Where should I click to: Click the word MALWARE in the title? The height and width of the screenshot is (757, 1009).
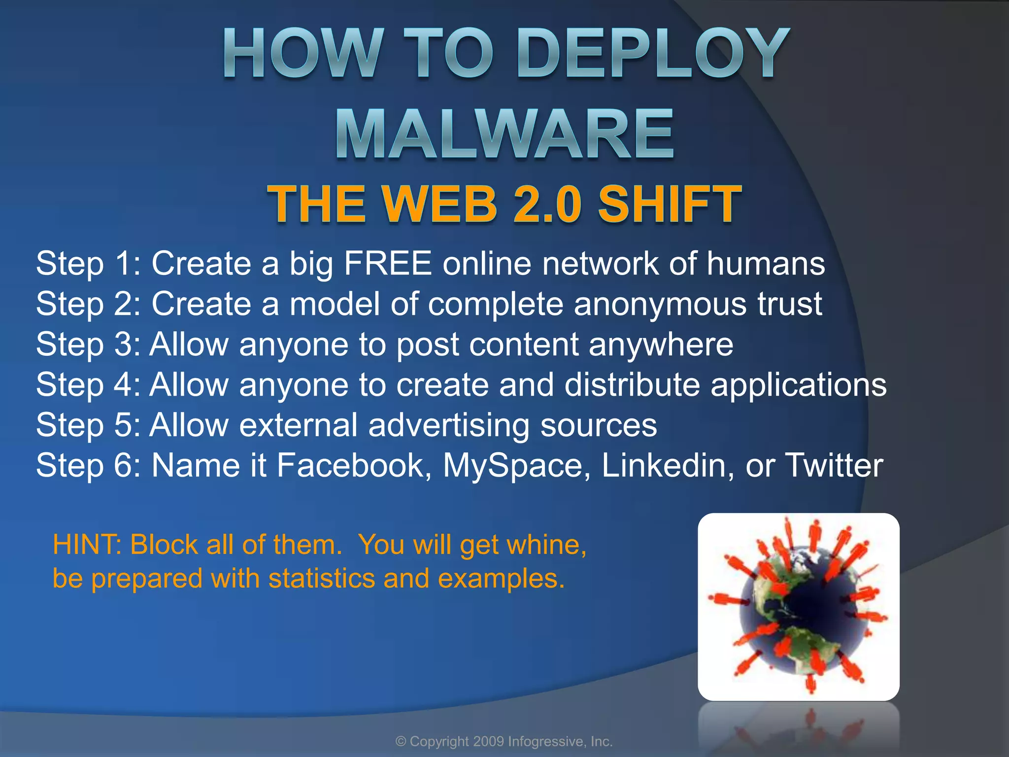point(505,134)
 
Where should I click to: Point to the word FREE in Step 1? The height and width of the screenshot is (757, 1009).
point(388,263)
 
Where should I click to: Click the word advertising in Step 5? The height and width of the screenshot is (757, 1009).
point(449,425)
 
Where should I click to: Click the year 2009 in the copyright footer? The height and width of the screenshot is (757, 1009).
point(488,741)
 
